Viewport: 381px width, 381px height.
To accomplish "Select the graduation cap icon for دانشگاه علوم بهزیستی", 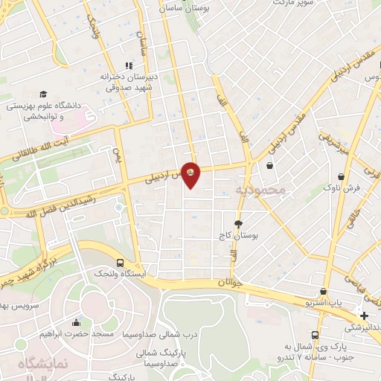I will [x=43, y=94].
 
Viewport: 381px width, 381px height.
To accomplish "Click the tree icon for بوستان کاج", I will [x=238, y=223].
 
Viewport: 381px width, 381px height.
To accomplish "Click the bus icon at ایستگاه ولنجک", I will [x=121, y=263].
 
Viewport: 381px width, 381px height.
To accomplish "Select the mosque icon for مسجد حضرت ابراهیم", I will [x=76, y=322].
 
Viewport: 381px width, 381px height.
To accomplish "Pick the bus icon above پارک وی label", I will [x=315, y=336].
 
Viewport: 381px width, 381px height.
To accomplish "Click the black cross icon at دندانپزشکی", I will [x=365, y=316].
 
